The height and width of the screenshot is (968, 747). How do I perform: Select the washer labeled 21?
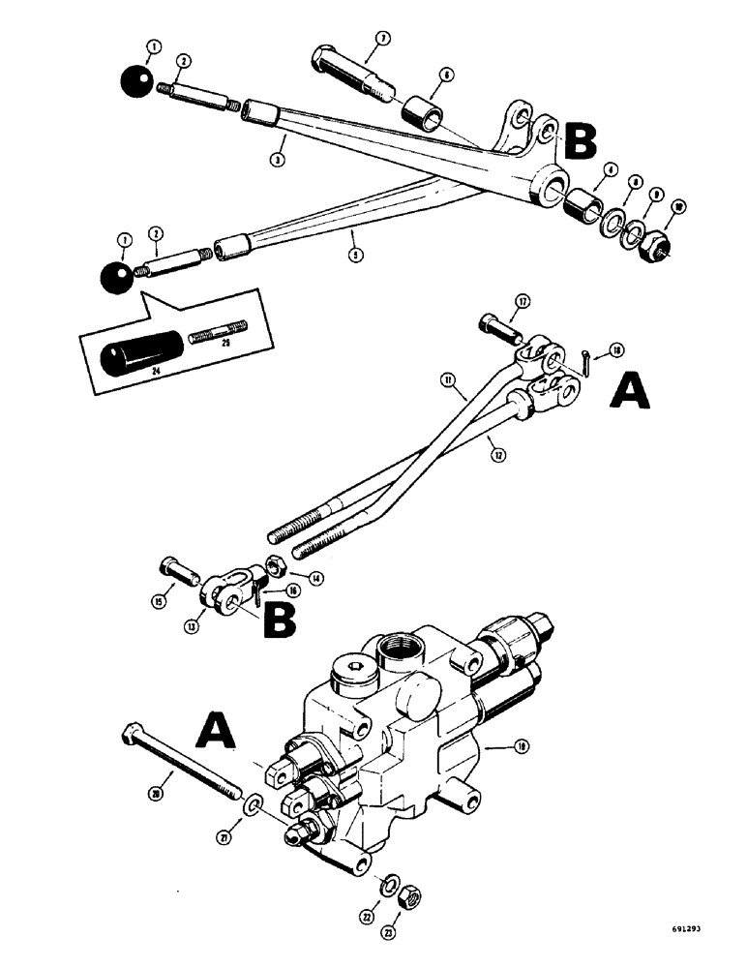tap(253, 804)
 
